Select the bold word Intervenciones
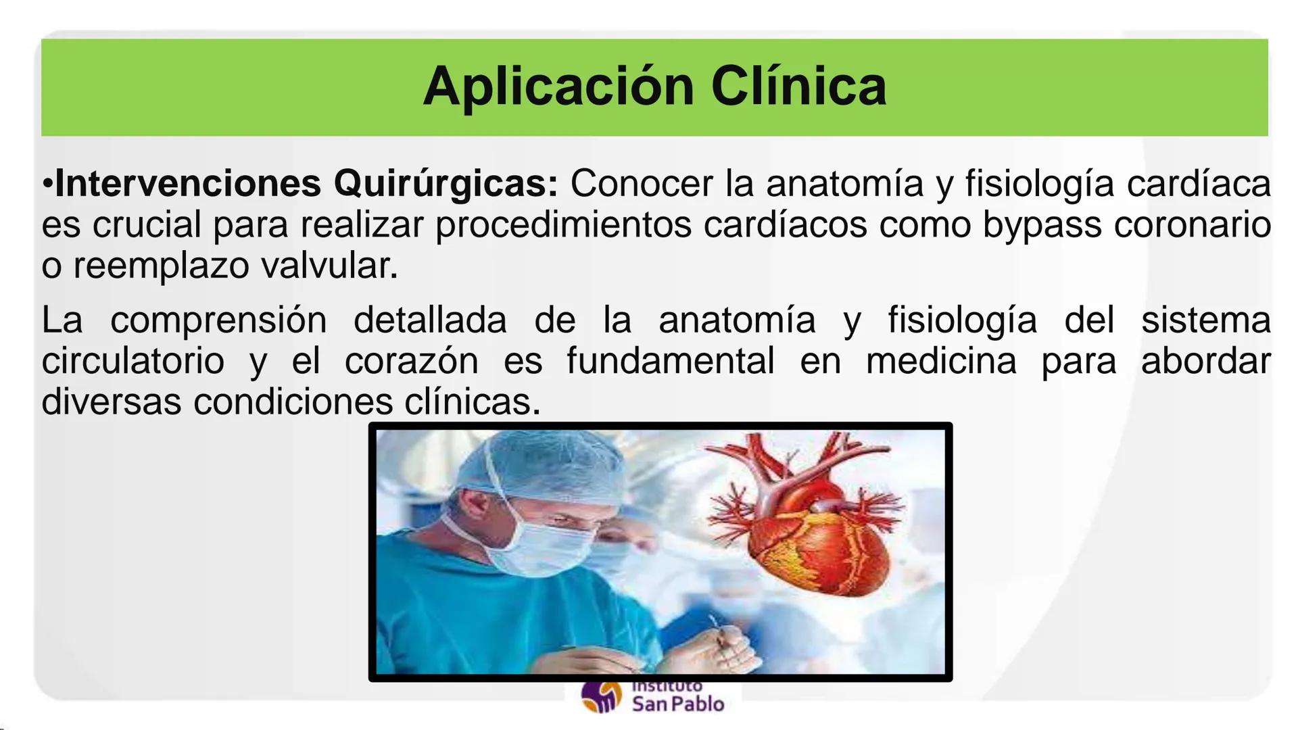188,183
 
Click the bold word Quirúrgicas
446,183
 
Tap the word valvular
329,266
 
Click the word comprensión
218,320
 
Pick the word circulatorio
133,361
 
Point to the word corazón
411,361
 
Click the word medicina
941,361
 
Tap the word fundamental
670,361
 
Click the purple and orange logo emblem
600,696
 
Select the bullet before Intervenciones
47,184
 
